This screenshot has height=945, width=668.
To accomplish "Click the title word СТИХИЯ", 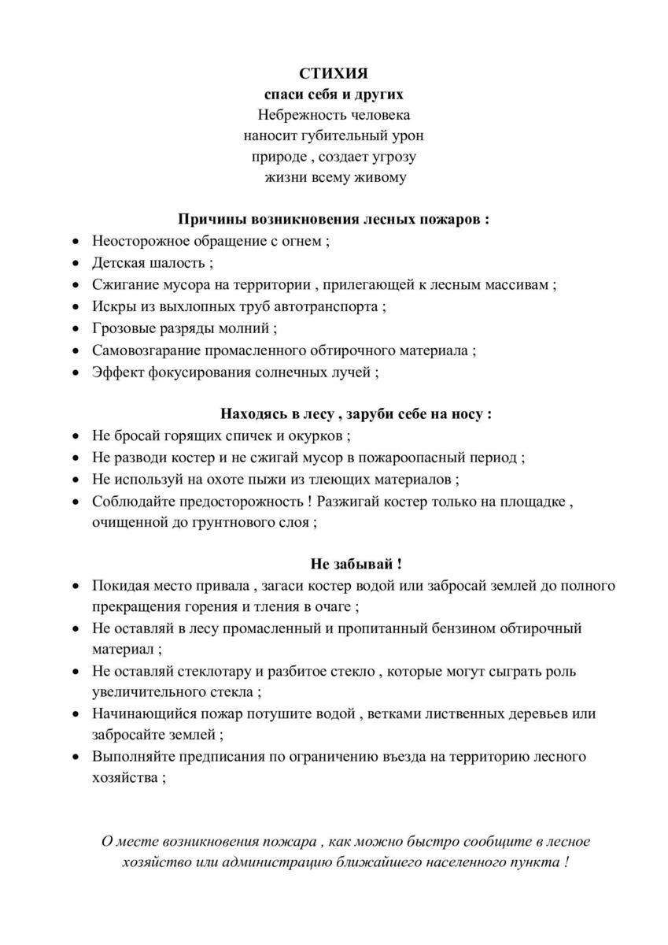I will [334, 73].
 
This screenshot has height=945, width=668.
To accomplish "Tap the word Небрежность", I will [296, 115].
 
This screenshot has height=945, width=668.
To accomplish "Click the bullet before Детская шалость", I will [76, 264].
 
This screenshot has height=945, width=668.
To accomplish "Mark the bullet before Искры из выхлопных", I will [76, 307].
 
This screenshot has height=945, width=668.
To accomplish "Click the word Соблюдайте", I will [136, 501].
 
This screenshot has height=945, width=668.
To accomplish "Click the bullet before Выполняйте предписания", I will [76, 758].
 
